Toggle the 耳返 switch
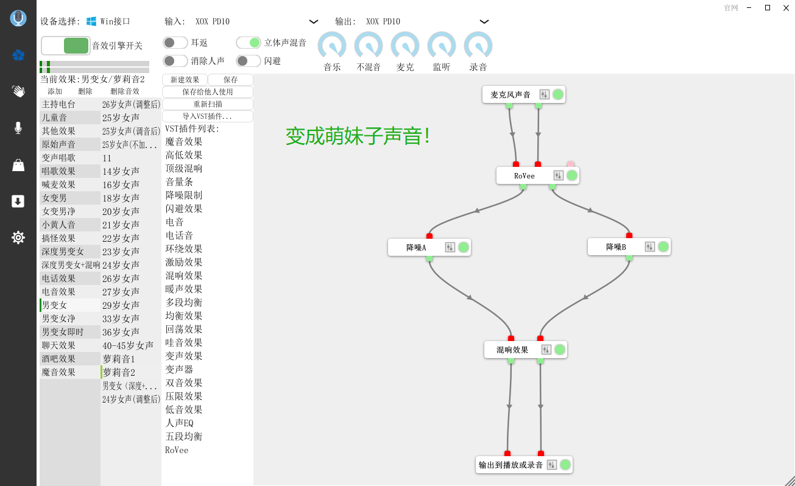175,43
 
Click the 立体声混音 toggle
249,43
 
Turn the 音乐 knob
332,46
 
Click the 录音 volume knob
478,46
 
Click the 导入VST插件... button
208,116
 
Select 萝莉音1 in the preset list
119,359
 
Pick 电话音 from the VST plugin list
179,236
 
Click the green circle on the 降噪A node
464,247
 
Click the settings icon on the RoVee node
558,175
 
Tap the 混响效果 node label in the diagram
512,350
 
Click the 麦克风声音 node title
511,94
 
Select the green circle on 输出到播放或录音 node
565,465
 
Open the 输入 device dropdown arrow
314,21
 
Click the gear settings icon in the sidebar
18,238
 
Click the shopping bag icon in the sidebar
18,165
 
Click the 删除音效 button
125,91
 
